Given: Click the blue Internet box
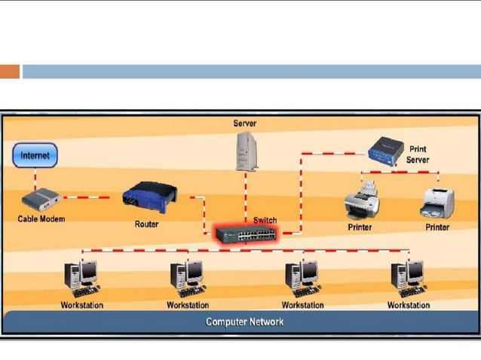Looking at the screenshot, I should coord(35,156).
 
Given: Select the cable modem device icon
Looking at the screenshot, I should coord(40,200).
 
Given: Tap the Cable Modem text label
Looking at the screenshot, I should coord(41,219).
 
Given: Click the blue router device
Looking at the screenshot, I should coord(149,199).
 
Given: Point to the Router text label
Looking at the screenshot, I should coord(146,224).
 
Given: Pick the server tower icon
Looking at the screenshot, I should coord(246,151).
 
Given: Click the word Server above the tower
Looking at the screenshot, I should coord(245,123).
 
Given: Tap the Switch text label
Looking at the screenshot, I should coord(265,220).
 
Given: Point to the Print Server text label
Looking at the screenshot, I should coord(417,154).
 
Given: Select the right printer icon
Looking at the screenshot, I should coord(437,201).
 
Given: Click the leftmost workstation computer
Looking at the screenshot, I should coord(81,278).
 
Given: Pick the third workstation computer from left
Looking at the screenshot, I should coord(302,278).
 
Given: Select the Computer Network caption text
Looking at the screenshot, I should coord(245,322).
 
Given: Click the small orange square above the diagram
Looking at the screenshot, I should coord(10,72).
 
